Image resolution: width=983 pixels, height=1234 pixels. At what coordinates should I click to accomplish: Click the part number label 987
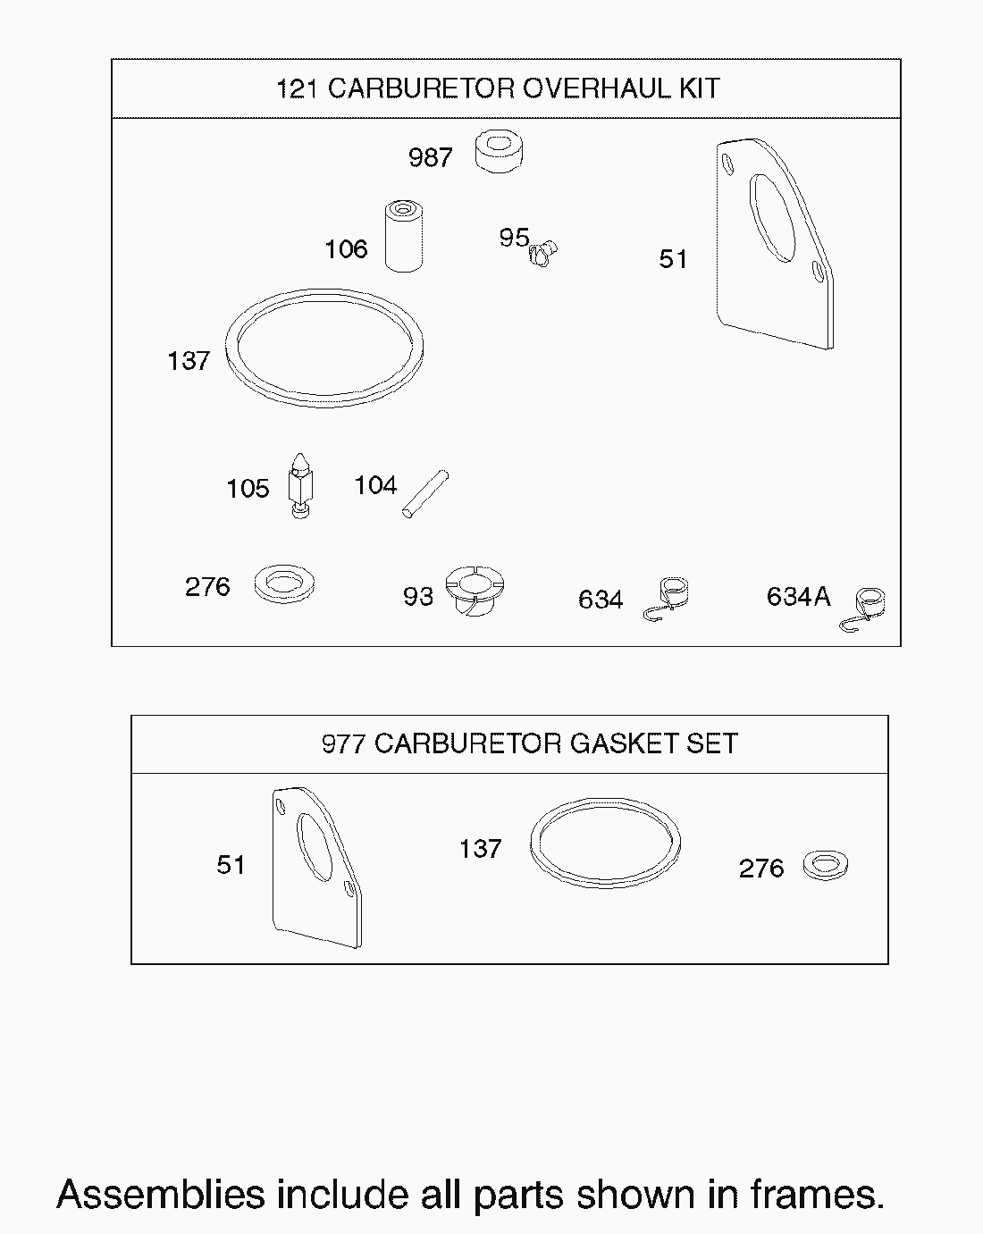[x=430, y=157]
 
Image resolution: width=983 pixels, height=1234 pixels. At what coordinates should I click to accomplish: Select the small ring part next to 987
[x=499, y=152]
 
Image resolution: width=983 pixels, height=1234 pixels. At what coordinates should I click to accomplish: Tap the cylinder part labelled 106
[x=404, y=236]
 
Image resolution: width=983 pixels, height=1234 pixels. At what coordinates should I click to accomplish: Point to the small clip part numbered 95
[x=542, y=252]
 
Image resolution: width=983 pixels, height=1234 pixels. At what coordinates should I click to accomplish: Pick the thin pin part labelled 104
[x=425, y=494]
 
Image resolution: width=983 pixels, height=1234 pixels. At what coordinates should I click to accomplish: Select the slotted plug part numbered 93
[x=475, y=592]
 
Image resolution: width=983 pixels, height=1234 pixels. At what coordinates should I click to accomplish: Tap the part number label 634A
[x=798, y=596]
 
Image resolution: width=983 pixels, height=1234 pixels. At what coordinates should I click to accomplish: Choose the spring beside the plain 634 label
[x=667, y=600]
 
